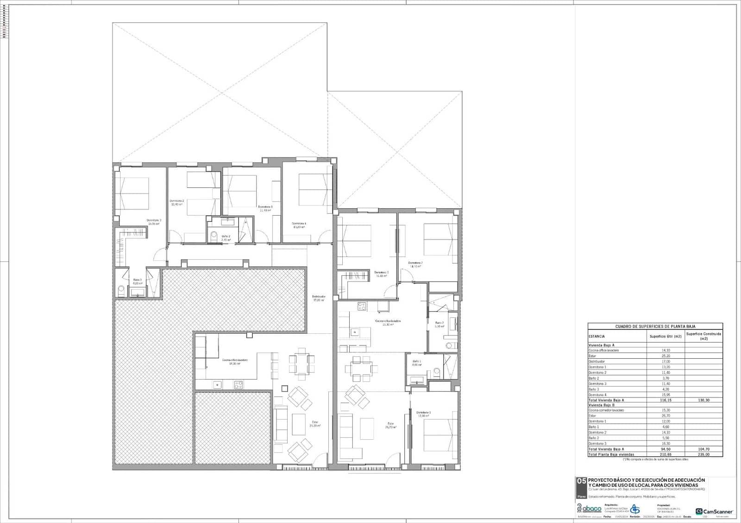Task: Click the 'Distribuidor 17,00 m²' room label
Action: pyautogui.click(x=318, y=298)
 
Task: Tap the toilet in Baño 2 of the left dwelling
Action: pyautogui.click(x=214, y=237)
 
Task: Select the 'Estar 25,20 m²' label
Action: pyautogui.click(x=315, y=423)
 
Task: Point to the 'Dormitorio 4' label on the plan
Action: pyautogui.click(x=299, y=225)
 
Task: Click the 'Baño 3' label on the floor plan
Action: pyautogui.click(x=138, y=281)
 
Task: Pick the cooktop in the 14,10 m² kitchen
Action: pyautogui.click(x=239, y=384)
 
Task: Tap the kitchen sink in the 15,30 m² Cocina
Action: pyautogui.click(x=355, y=332)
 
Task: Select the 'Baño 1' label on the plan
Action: pyautogui.click(x=417, y=362)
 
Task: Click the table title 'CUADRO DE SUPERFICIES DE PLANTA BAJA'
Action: pyautogui.click(x=655, y=326)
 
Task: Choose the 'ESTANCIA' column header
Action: pyautogui.click(x=597, y=336)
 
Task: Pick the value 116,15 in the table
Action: pyautogui.click(x=666, y=400)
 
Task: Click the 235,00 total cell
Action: pyautogui.click(x=703, y=455)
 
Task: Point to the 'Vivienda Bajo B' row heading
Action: pyautogui.click(x=602, y=405)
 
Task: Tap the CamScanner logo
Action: pyautogui.click(x=714, y=511)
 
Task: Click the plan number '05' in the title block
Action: pyautogui.click(x=581, y=482)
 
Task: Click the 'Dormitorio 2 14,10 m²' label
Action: pyautogui.click(x=415, y=264)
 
